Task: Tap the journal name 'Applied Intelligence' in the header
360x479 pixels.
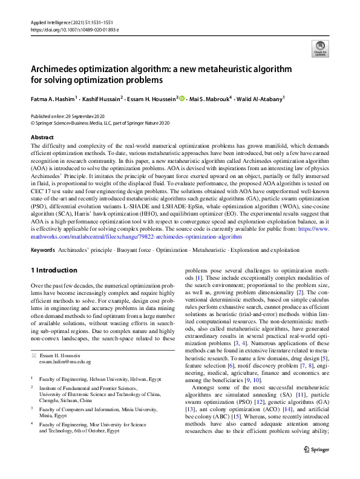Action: pos(50,22)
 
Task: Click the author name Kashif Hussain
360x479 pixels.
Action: pos(99,98)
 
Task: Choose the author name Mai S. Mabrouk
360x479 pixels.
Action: pos(211,98)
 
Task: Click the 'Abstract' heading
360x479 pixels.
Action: pos(42,137)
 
